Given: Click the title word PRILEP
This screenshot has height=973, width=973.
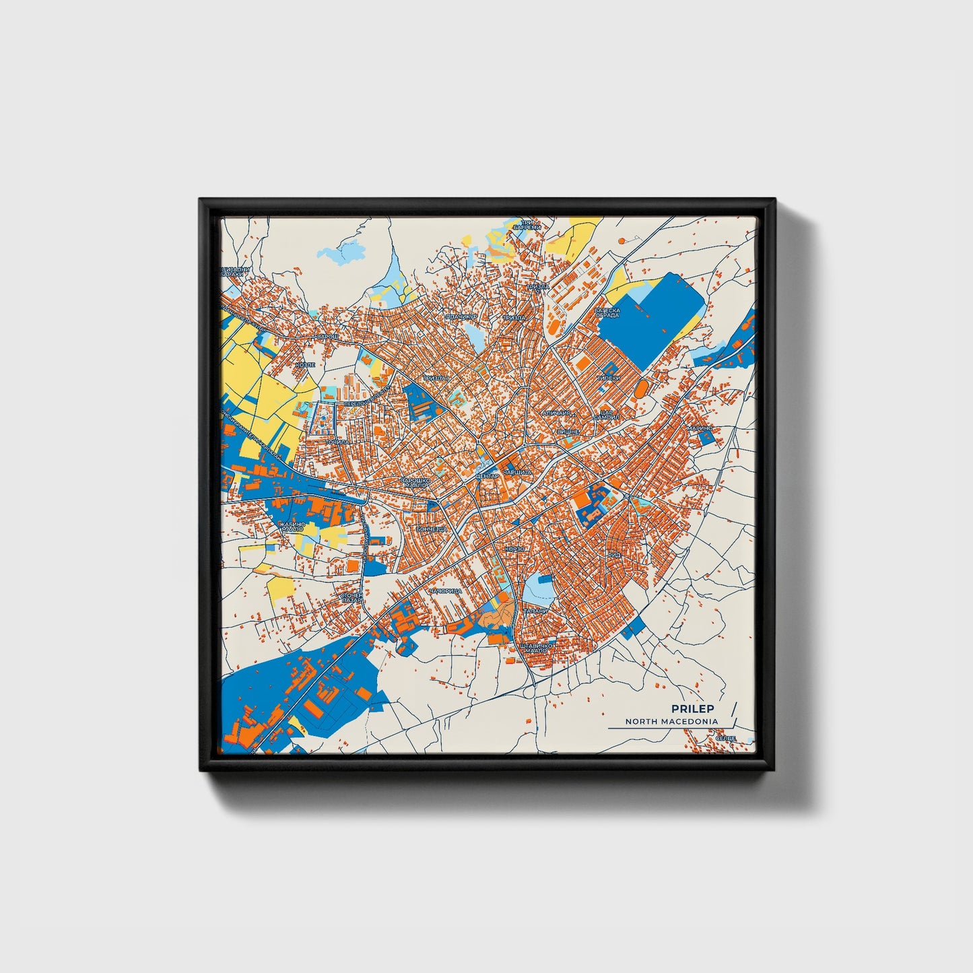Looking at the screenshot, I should [x=692, y=708].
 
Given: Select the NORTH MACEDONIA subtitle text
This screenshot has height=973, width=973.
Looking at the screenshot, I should [x=671, y=721].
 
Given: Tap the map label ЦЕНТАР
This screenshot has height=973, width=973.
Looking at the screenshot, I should [x=487, y=476].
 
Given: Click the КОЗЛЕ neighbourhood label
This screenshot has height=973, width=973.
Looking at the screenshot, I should [x=305, y=364].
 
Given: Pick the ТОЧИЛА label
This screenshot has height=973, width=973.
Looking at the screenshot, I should [x=338, y=442].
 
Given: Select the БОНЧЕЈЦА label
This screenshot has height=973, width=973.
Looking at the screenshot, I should [x=432, y=529].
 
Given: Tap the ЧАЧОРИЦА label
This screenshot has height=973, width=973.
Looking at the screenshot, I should [x=445, y=591].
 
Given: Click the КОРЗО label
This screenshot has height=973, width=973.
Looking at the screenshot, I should [x=515, y=549].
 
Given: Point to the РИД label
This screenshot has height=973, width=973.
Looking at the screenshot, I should [x=614, y=554].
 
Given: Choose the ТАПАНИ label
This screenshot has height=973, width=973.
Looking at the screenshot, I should [x=536, y=611].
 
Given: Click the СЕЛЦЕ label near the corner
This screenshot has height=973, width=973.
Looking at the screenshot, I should [x=725, y=739].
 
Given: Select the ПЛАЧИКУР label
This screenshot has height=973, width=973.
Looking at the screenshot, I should [x=461, y=316].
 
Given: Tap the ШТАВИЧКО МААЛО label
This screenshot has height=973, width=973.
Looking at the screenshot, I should [x=537, y=648].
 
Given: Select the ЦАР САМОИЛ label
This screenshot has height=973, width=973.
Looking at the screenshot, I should [x=601, y=415].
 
